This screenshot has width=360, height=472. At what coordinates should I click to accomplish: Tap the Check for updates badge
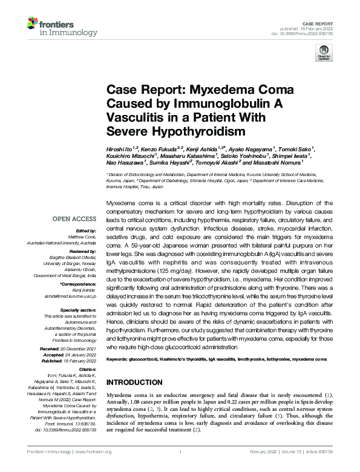(322, 56)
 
